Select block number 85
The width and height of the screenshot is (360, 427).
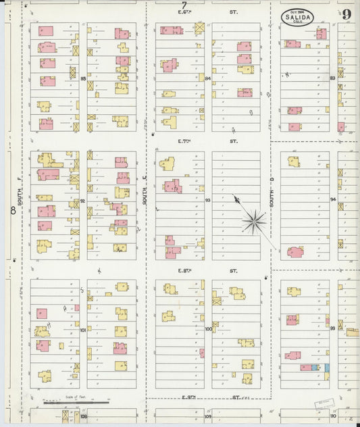[84, 79]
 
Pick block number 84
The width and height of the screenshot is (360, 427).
[208, 79]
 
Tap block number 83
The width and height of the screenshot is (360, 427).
[332, 78]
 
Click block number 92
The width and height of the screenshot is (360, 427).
[84, 201]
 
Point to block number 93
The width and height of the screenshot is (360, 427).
[208, 201]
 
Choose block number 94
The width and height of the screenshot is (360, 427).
[333, 200]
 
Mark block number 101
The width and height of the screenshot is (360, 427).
[84, 330]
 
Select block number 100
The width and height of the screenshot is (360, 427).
[208, 329]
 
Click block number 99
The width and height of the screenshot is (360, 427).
[333, 328]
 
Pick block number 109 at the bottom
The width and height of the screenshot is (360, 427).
[208, 417]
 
